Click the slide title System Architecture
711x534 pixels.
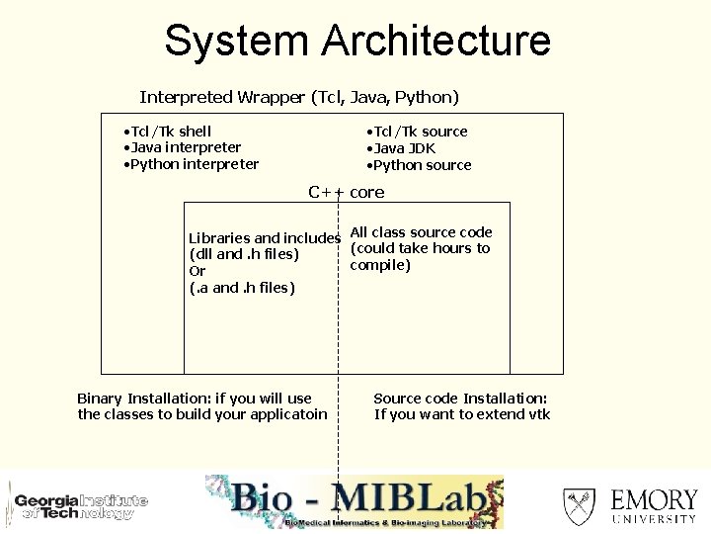click(356, 42)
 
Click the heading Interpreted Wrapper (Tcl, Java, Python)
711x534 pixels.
click(299, 97)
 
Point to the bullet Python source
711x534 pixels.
click(421, 165)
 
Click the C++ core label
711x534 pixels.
click(346, 192)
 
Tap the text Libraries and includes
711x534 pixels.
click(265, 238)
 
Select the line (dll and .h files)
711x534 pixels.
click(244, 254)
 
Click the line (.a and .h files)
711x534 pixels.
click(242, 288)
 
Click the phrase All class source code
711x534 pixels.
click(422, 232)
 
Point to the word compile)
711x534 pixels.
click(380, 265)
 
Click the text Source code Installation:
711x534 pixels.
click(460, 399)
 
